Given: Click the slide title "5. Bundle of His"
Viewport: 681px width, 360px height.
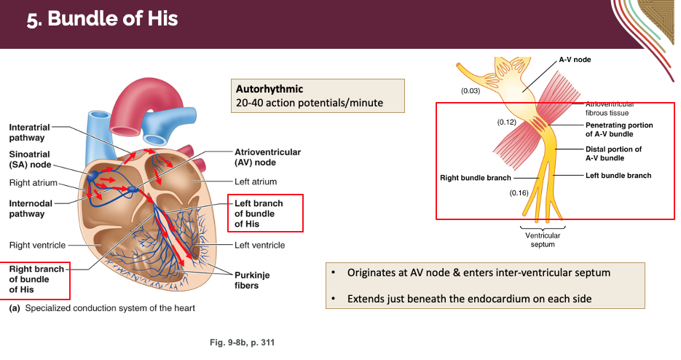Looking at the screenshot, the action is (103, 19).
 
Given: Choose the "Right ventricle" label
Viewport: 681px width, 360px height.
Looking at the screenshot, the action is (37, 245).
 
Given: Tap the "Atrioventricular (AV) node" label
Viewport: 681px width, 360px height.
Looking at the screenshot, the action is (267, 157).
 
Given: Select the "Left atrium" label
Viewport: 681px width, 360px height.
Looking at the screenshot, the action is (256, 181).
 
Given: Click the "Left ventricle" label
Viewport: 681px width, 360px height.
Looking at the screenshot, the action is (260, 245).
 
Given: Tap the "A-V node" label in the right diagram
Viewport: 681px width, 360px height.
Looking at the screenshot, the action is (575, 59).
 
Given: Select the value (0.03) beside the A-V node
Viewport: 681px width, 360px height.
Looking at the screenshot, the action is (470, 91).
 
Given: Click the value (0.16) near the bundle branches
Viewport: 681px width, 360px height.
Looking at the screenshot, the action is (519, 192).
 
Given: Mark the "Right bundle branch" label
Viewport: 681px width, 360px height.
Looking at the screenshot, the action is (476, 177).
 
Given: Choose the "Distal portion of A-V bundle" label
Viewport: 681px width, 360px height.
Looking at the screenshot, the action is (613, 153).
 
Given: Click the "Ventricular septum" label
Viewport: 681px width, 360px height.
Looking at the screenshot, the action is (543, 240).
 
